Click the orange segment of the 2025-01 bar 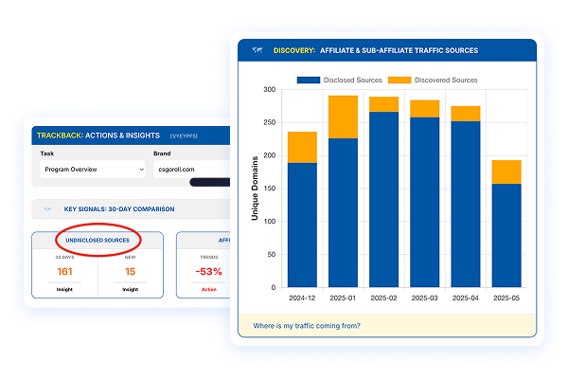[x=343, y=117]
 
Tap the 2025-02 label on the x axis [x=383, y=298]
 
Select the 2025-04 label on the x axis [x=465, y=298]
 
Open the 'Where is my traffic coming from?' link [x=307, y=326]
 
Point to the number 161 [x=65, y=272]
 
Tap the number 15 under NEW [x=130, y=272]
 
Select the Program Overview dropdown [x=92, y=170]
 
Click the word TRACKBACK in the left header [x=59, y=135]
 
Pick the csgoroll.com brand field [x=189, y=170]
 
